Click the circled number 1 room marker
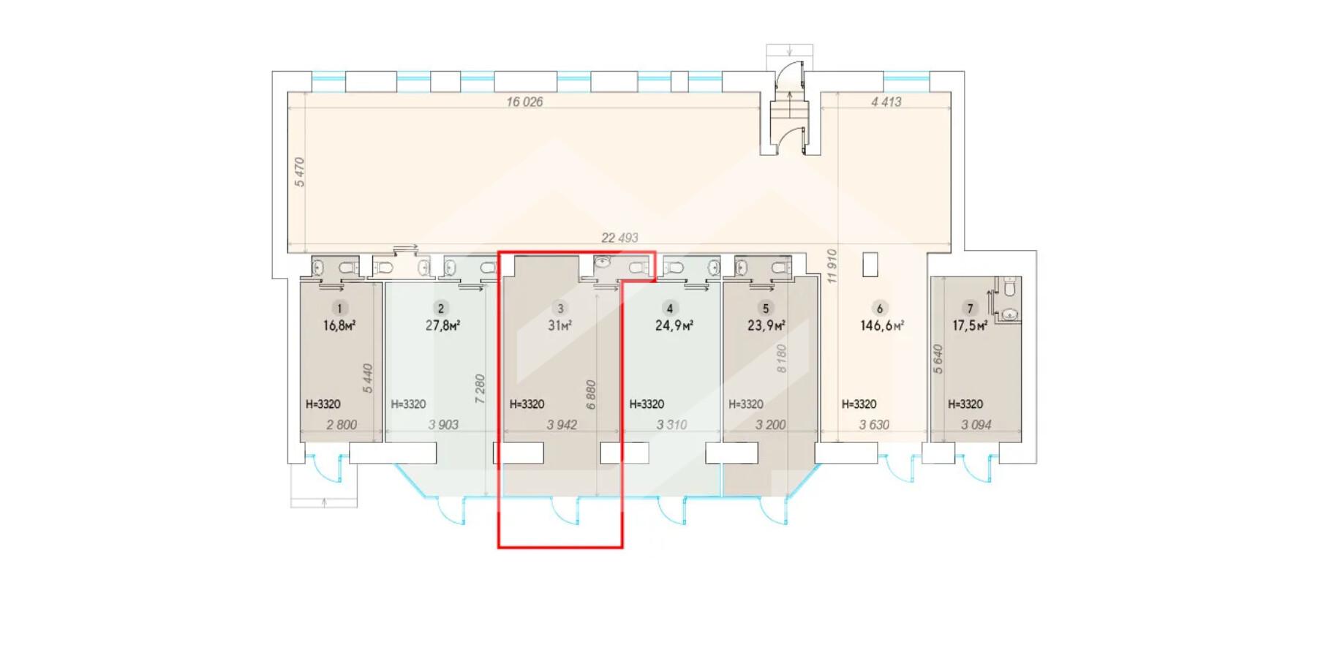point(339,309)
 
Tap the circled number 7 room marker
point(970,309)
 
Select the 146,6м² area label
point(882,325)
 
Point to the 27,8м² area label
point(442,325)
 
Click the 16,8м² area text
point(339,325)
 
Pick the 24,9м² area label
point(674,325)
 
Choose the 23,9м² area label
point(766,325)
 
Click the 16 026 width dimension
point(524,102)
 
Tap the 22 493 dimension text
point(619,238)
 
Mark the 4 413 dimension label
point(886,102)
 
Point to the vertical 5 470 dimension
point(299,172)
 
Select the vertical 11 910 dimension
point(831,266)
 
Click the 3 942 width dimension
point(562,425)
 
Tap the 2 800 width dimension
point(342,425)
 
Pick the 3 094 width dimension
point(976,425)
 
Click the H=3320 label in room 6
point(859,404)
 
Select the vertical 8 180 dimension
point(781,359)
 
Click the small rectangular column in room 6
point(870,265)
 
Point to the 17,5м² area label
point(970,325)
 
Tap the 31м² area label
point(560,325)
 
